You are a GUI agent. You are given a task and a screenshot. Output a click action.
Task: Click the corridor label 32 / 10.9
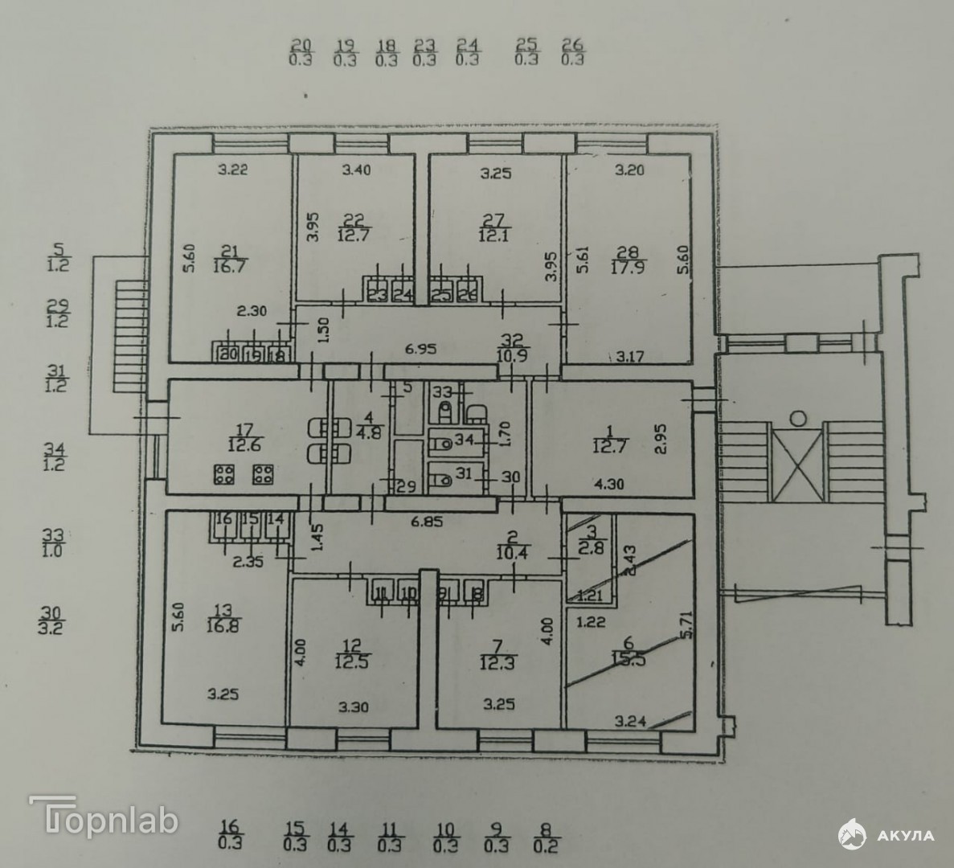[x=512, y=346]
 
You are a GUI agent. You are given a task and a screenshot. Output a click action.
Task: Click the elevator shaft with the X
[x=796, y=463]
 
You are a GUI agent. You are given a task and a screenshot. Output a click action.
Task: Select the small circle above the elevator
[x=798, y=418]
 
